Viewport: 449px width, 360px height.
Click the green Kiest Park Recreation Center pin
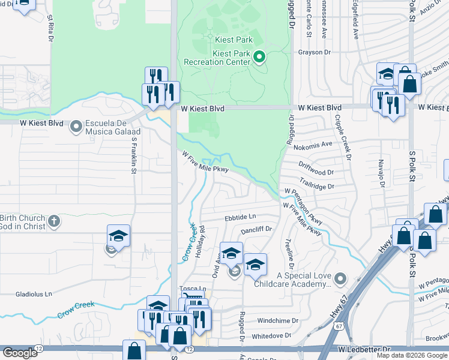coord(259,58)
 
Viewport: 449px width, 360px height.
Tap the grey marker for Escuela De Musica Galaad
coord(76,127)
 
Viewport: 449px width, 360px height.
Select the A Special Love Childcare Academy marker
coord(340,278)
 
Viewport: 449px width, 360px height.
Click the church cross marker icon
coord(53,221)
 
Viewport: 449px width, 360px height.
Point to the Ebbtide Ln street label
coord(240,217)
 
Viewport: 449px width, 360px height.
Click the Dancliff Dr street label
coord(256,229)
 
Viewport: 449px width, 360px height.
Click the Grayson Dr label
coord(315,52)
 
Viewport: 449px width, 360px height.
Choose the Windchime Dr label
coord(278,320)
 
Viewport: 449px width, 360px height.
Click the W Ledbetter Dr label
coord(364,349)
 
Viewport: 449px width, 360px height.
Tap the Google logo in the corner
coord(20,353)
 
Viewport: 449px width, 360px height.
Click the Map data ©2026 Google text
coord(412,355)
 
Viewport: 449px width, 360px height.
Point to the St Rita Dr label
coord(50,26)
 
